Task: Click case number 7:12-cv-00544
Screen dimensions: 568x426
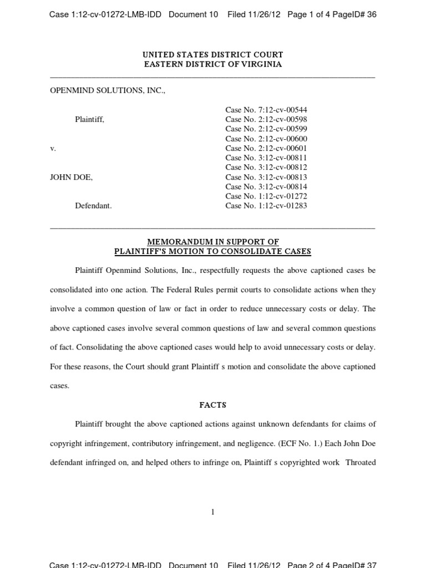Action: coord(266,110)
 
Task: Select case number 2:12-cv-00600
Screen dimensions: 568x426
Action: coord(266,139)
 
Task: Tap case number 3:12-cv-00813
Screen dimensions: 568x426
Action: coord(266,177)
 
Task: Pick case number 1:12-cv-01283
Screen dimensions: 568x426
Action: coord(266,206)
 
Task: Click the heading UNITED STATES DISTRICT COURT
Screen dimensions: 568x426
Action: coord(213,54)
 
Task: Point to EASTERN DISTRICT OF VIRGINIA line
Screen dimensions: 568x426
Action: coord(213,64)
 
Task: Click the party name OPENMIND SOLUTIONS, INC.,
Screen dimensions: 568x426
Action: coord(108,90)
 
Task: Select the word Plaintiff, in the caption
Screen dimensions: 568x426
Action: coord(89,119)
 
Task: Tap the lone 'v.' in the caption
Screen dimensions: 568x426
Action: coord(53,149)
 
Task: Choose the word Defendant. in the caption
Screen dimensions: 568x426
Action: coord(93,206)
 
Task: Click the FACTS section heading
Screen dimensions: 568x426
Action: coord(213,405)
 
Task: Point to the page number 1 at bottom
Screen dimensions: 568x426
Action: coord(213,512)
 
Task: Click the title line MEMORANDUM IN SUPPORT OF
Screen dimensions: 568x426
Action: coord(213,242)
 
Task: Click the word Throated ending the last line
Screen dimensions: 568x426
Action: coord(361,463)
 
